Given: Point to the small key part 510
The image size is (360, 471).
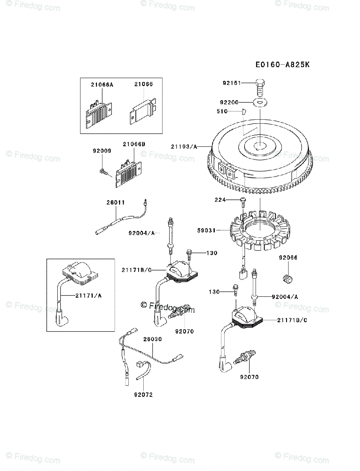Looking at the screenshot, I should [x=243, y=111].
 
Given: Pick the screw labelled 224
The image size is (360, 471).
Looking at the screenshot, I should [x=243, y=201].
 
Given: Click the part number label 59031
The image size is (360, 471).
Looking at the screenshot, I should [x=206, y=230].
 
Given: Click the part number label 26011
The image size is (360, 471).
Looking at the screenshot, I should [x=115, y=203].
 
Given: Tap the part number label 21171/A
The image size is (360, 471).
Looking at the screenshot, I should [x=88, y=296].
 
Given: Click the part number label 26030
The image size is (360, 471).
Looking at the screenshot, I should [x=152, y=339].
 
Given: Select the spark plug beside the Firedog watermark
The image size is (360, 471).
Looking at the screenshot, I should [x=179, y=312].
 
